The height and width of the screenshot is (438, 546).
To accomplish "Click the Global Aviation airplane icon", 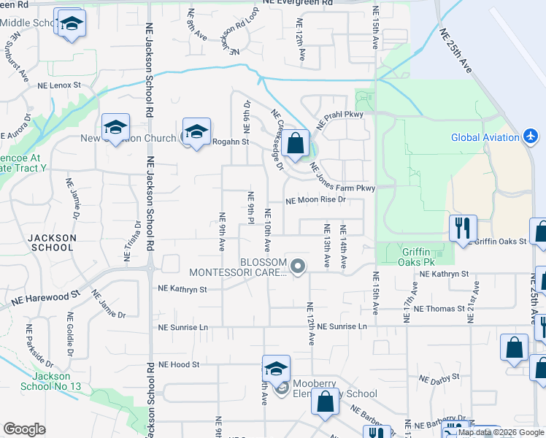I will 531,137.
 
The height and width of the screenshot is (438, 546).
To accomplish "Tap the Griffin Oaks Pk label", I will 422,256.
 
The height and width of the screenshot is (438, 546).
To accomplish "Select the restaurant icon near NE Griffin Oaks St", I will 463,228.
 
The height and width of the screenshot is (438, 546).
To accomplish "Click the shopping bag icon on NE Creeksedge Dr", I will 296,143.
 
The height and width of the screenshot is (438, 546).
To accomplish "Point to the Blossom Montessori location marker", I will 297,267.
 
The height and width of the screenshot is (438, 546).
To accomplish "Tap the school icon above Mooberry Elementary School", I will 277,368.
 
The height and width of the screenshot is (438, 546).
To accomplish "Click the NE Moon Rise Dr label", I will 315,199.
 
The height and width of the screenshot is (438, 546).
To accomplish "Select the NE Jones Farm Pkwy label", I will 342,179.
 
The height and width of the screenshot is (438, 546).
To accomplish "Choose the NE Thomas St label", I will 439,309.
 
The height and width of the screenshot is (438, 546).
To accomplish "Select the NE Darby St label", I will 439,377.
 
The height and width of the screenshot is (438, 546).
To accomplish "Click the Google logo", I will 25,429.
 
